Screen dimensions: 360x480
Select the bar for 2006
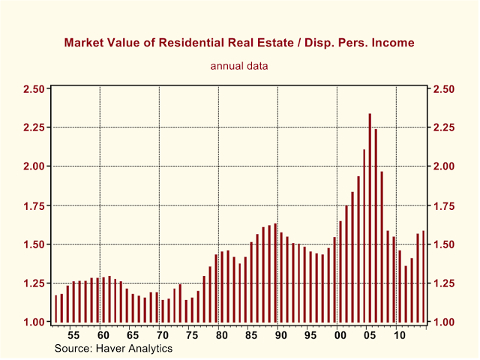pyautogui.click(x=376, y=225)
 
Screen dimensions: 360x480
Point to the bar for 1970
pyautogui.click(x=163, y=310)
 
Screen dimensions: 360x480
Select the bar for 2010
pyautogui.click(x=400, y=286)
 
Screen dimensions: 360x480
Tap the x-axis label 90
pyautogui.click(x=280, y=335)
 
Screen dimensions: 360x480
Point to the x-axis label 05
pyautogui.click(x=370, y=335)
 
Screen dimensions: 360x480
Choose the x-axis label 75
pyautogui.click(x=192, y=335)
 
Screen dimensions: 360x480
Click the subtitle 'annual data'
pyautogui.click(x=239, y=66)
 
